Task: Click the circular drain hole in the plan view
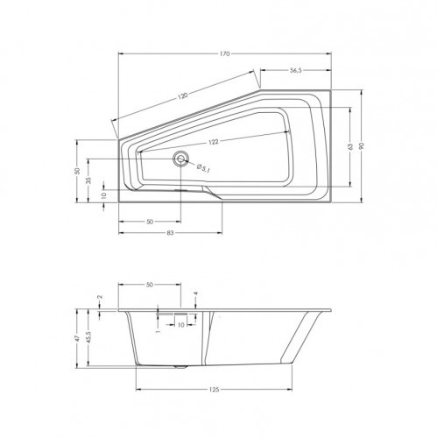(x=181, y=159)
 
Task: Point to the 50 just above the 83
(x=150, y=222)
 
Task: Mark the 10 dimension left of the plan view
(x=102, y=196)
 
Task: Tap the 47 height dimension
(x=77, y=337)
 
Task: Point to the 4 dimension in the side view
(x=196, y=294)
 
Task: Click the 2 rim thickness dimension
(x=101, y=298)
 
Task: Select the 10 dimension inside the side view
(x=180, y=324)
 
